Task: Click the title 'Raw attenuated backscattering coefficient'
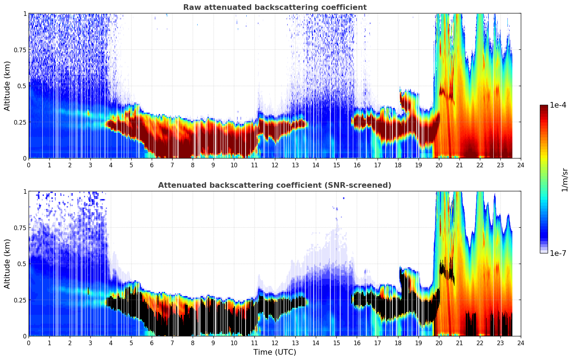[x=275, y=7]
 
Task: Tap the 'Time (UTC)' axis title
[x=275, y=352]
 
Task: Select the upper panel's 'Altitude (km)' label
[x=7, y=86]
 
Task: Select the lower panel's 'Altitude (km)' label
[x=7, y=264]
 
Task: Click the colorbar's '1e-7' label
[x=558, y=253]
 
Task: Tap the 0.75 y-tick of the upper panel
[x=20, y=50]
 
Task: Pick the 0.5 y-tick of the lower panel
[x=22, y=264]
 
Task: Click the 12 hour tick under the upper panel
[x=275, y=165]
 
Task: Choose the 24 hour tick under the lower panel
[x=520, y=343]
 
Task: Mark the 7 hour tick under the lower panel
[x=172, y=343]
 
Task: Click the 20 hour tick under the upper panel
[x=439, y=165]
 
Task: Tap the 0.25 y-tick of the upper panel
[x=20, y=122]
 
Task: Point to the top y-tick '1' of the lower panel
[x=25, y=191]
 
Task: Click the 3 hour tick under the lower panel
[x=90, y=343]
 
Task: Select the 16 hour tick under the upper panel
[x=357, y=165]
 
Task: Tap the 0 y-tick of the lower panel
[x=25, y=336]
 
